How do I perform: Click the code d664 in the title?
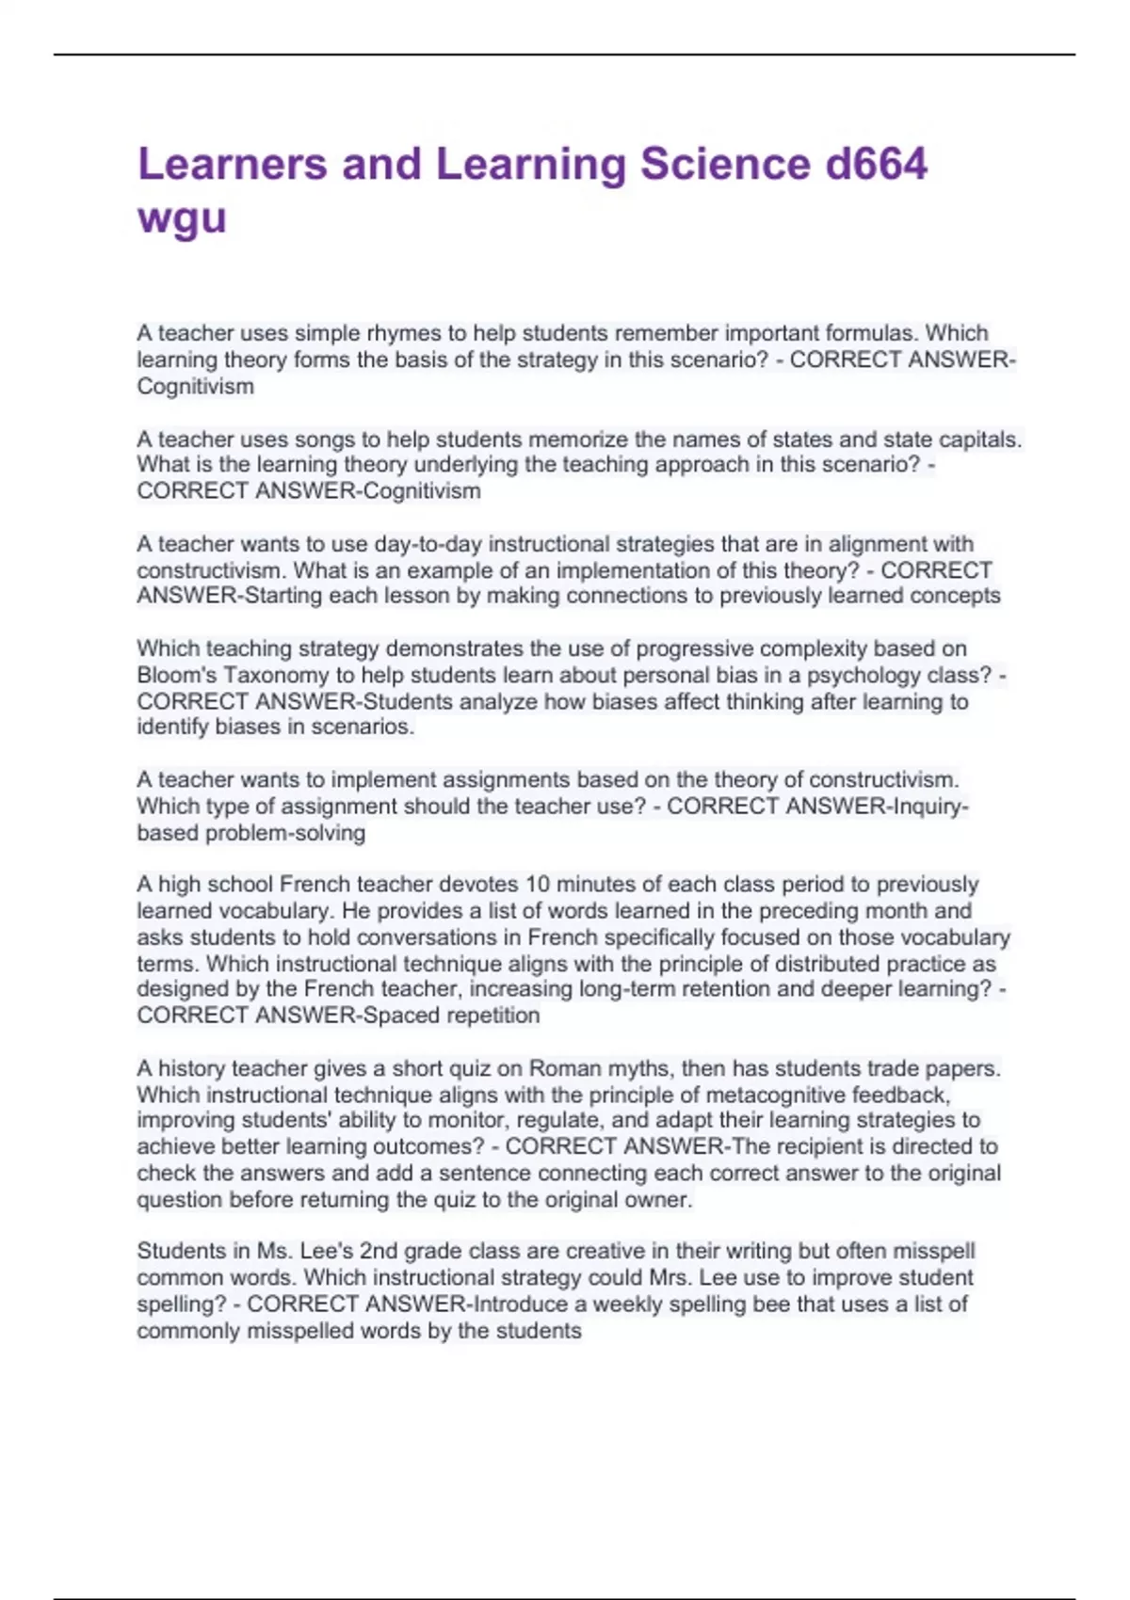click(877, 164)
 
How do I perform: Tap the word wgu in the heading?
click(182, 218)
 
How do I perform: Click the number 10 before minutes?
click(537, 885)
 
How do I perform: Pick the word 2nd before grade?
click(379, 1251)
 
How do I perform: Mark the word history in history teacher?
click(190, 1068)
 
